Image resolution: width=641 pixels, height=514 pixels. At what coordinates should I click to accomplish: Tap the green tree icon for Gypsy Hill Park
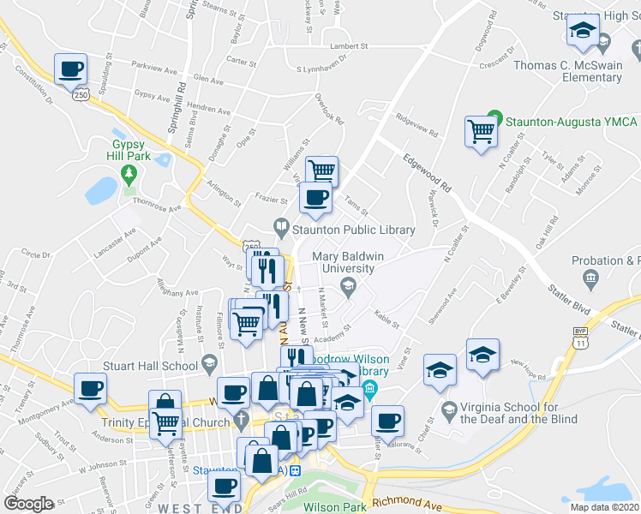(x=129, y=175)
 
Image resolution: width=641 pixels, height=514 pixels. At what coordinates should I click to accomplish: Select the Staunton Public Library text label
(x=353, y=230)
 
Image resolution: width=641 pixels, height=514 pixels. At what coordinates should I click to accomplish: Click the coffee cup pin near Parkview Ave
(x=71, y=69)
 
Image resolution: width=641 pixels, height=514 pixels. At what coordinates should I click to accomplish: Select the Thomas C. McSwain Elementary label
(x=579, y=71)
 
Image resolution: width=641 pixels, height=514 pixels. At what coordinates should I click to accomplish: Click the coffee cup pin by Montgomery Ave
(x=90, y=389)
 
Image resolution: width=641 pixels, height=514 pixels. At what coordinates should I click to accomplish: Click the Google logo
(x=29, y=503)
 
